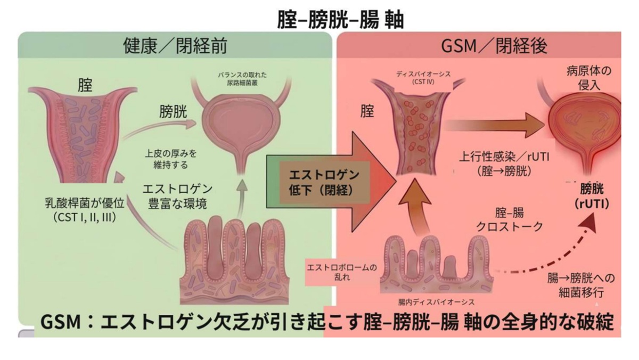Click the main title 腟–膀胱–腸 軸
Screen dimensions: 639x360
[x=340, y=20]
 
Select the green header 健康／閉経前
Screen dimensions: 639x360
[x=175, y=46]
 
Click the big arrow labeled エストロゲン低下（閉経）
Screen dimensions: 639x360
[x=331, y=182]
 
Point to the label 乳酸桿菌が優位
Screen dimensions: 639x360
[x=85, y=203]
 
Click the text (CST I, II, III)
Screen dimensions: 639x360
[x=85, y=217]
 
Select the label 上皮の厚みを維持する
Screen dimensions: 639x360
[x=170, y=159]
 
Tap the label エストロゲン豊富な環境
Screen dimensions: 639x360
[x=177, y=197]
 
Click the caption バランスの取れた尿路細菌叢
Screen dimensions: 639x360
[x=242, y=79]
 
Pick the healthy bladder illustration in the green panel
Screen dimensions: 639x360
[x=240, y=126]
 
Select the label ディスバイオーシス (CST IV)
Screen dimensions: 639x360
[x=423, y=78]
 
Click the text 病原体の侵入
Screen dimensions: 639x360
[x=589, y=78]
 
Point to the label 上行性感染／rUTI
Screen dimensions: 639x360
[x=504, y=157]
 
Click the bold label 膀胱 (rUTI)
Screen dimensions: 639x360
[x=592, y=197]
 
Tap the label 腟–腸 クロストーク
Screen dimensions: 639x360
[x=509, y=219]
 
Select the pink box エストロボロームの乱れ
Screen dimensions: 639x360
[x=341, y=272]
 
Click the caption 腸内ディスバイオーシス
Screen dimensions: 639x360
[x=437, y=302]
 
